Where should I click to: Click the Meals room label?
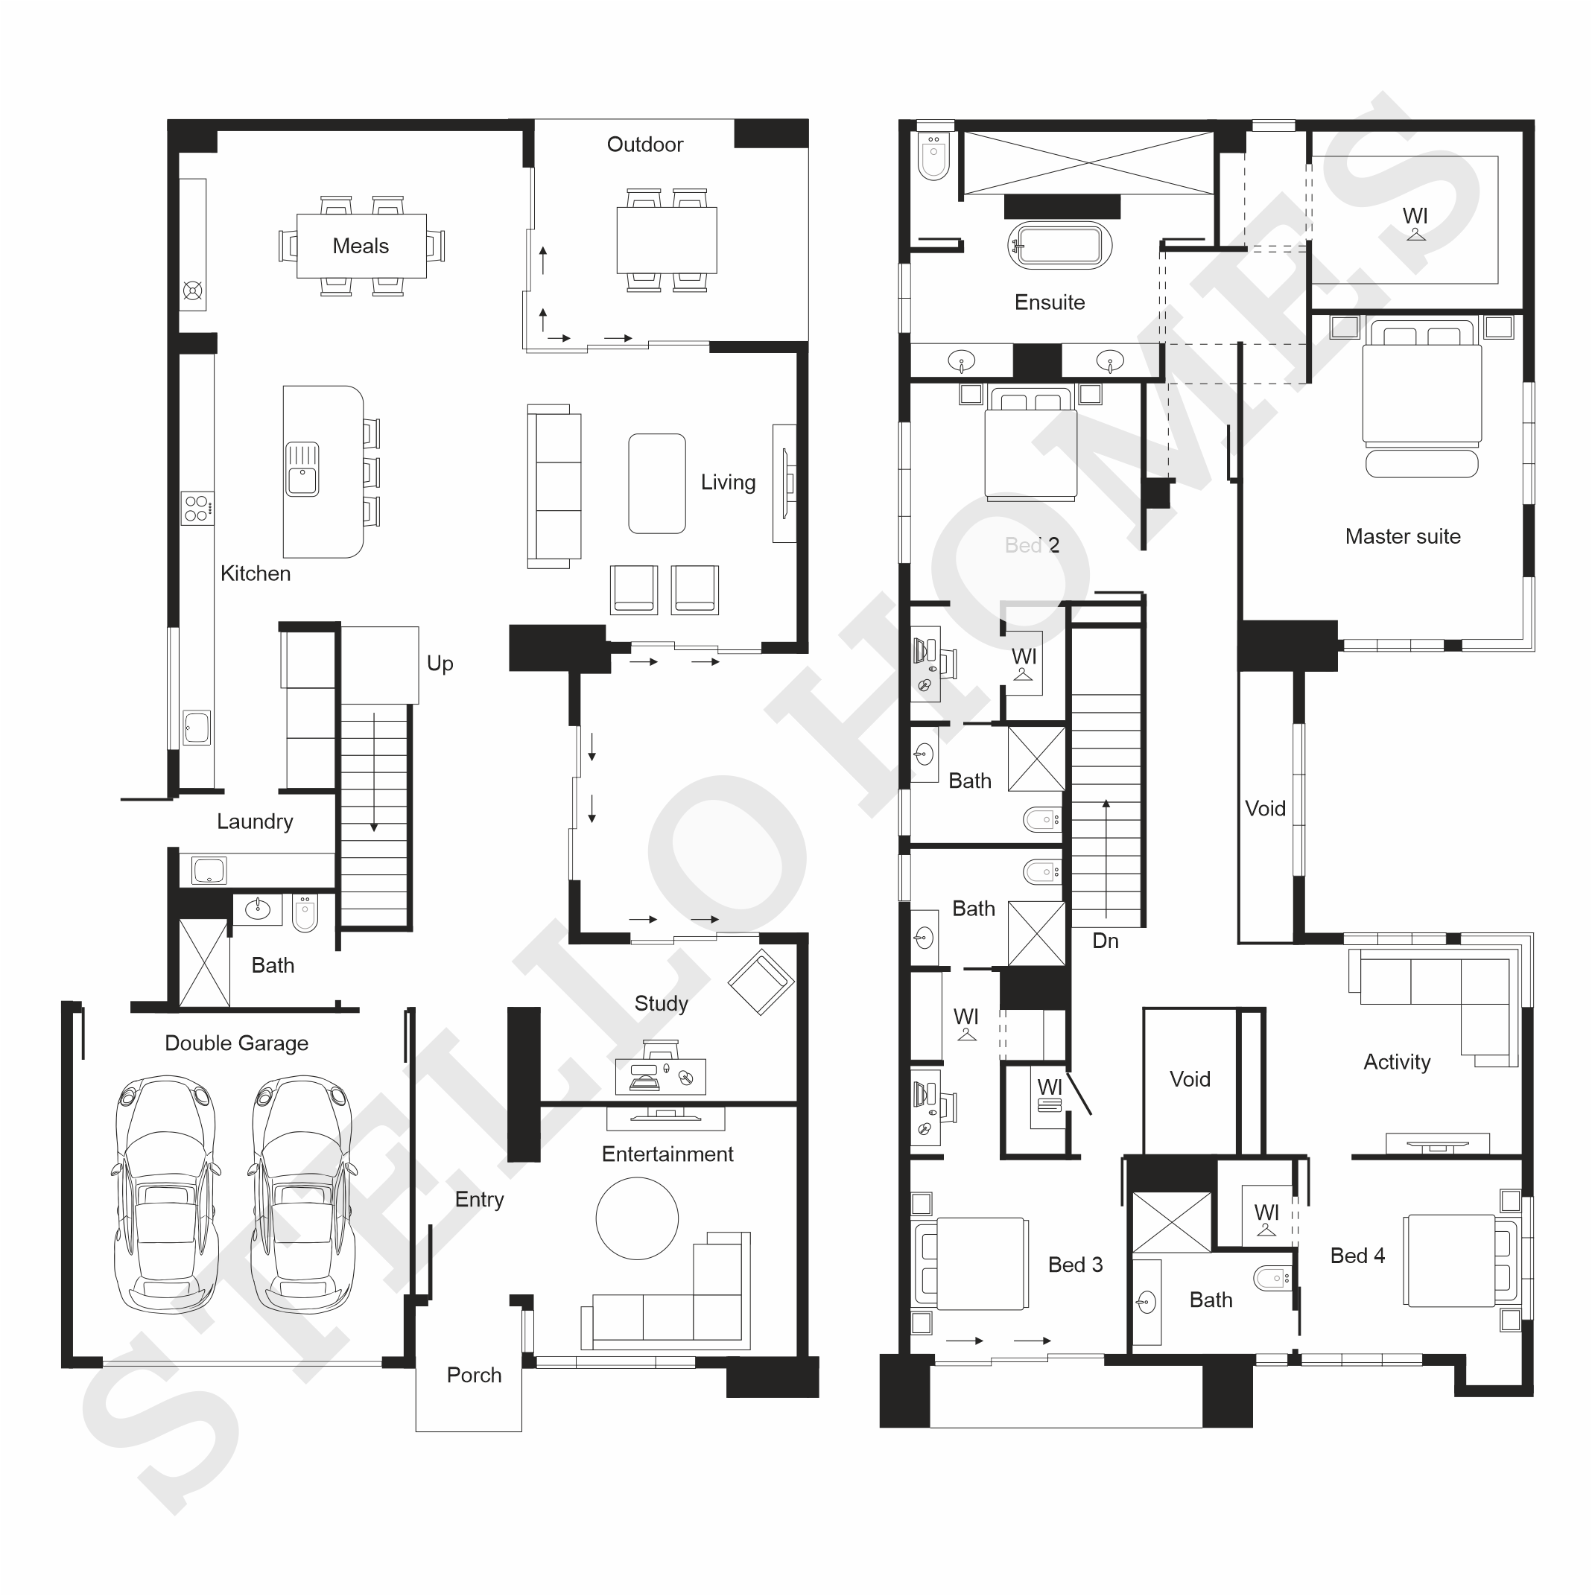point(361,247)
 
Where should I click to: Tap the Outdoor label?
point(644,144)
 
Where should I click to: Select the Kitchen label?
point(256,573)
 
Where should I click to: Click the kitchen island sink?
point(302,468)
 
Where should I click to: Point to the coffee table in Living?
point(657,483)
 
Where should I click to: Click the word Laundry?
point(255,822)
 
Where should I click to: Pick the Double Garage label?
point(236,1043)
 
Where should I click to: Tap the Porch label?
point(475,1376)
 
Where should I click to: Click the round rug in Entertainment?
point(637,1218)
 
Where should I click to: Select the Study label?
point(661,1004)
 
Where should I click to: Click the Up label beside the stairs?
point(440,664)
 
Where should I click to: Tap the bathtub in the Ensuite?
point(1060,245)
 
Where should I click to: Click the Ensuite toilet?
point(934,156)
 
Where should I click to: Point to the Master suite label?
point(1403,537)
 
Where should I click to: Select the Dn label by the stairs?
point(1106,941)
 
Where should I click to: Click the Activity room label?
point(1397,1062)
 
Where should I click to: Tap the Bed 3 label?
point(1075,1265)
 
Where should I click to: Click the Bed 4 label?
point(1357,1256)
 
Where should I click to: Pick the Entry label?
point(479,1200)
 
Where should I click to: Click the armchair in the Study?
point(761,982)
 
